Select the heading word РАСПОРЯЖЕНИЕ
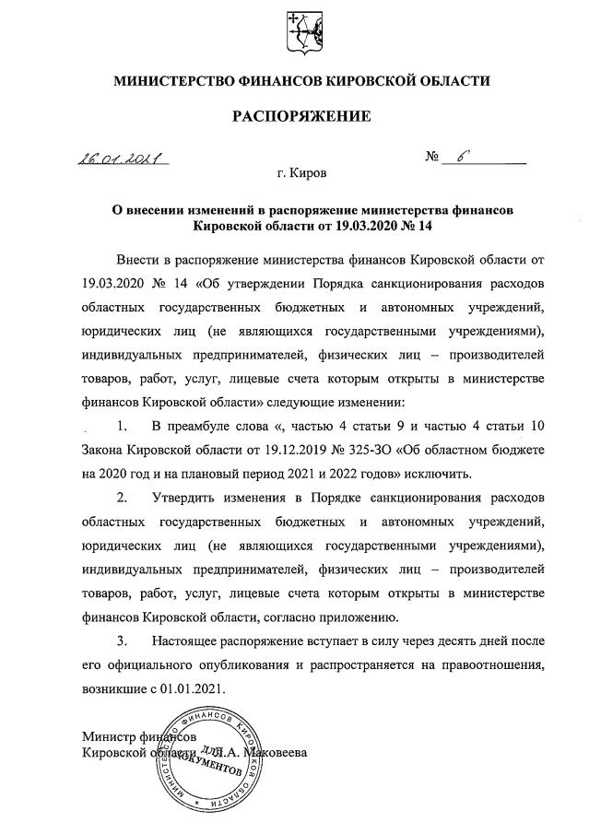click(x=300, y=116)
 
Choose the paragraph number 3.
click(x=121, y=640)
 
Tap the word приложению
click(x=358, y=617)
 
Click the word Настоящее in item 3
click(x=191, y=640)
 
